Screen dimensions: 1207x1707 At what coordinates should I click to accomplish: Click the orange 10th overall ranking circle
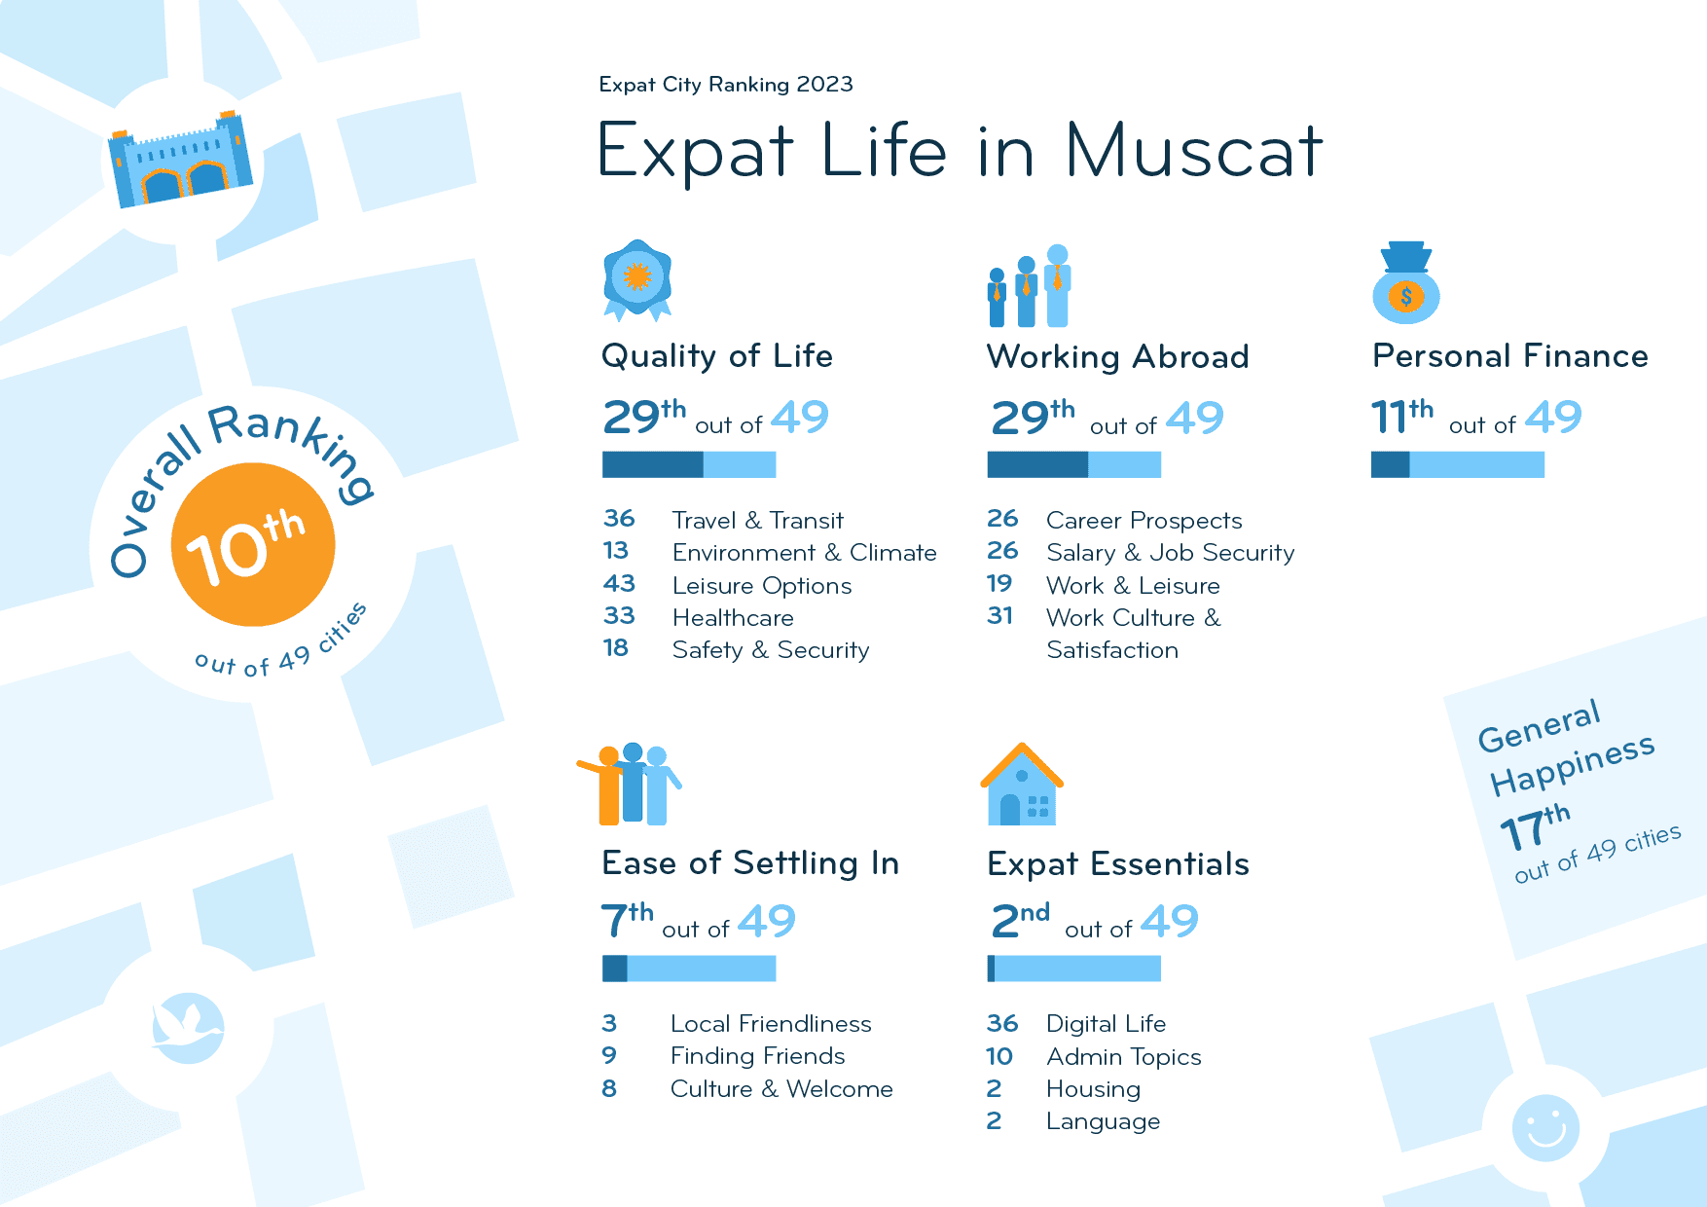tap(253, 545)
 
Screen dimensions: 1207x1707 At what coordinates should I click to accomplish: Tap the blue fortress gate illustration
tap(180, 161)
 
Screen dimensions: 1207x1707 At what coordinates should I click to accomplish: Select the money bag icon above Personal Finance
tap(1405, 283)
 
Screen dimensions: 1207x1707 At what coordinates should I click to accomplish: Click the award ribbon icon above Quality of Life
tap(637, 280)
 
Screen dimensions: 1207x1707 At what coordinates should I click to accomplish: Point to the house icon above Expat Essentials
tap(1022, 786)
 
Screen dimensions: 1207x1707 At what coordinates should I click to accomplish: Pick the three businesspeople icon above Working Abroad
tap(1030, 287)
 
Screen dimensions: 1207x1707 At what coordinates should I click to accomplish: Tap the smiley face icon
tap(1545, 1128)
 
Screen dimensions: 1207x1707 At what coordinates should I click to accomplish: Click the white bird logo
tap(188, 1027)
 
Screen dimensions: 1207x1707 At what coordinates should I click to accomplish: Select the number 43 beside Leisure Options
tap(619, 584)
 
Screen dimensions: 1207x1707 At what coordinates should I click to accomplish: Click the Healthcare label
tap(733, 618)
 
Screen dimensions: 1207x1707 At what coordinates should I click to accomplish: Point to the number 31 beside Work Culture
tap(1000, 616)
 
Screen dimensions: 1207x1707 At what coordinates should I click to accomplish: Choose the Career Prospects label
tap(1144, 521)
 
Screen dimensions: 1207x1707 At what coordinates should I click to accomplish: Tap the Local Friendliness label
tap(771, 1024)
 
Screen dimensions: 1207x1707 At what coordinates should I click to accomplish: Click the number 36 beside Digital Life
tap(1002, 1024)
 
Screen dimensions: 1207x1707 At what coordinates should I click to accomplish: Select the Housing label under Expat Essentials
tap(1093, 1089)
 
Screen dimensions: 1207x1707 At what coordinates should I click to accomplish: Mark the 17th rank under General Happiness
tap(1535, 827)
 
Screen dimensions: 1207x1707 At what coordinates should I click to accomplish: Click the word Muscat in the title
tap(1194, 151)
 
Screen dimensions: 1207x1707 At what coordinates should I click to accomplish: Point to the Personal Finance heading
tap(1509, 356)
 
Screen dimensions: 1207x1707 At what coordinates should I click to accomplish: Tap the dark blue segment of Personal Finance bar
tap(1390, 465)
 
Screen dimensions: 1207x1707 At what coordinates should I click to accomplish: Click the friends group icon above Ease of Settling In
tap(630, 785)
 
